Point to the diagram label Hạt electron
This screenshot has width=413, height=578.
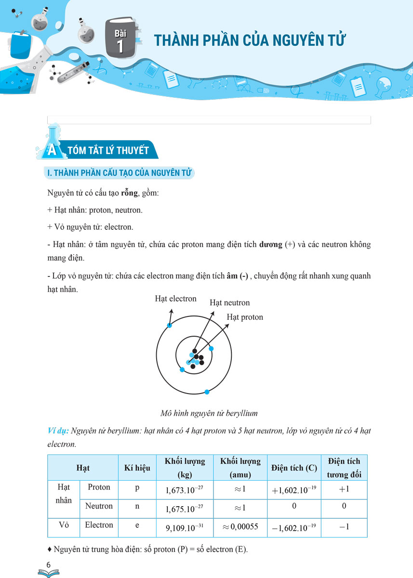[x=175, y=299]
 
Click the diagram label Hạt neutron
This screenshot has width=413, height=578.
[x=229, y=303]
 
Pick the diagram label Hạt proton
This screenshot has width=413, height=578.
[x=245, y=317]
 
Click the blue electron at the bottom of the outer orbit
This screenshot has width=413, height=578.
[x=207, y=392]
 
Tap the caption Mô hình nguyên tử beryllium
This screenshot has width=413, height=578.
[x=209, y=413]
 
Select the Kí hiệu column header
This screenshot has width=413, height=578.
[x=137, y=468]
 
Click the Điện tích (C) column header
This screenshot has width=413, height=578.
[x=293, y=468]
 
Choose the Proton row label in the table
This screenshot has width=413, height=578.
[x=99, y=487]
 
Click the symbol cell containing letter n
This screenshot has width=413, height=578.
[x=137, y=506]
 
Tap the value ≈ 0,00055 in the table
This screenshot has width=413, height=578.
[x=240, y=527]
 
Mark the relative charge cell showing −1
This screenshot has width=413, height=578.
[x=344, y=527]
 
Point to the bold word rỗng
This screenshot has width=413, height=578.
[x=129, y=193]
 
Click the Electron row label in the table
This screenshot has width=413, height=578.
[x=99, y=525]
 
